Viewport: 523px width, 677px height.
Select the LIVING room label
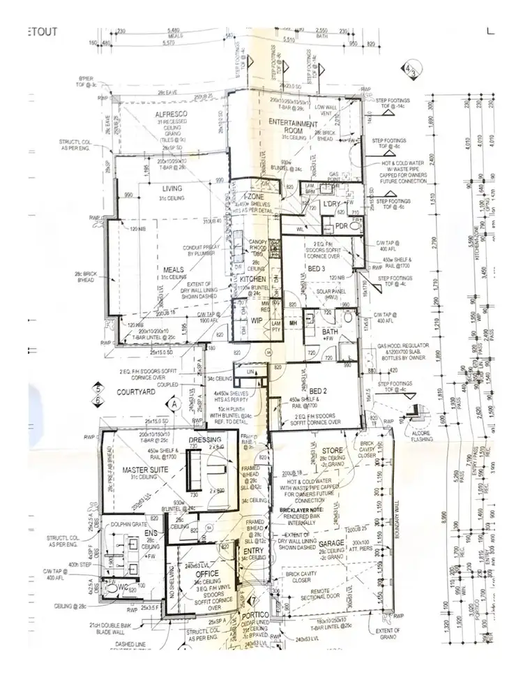click(172, 188)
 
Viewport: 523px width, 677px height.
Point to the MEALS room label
click(173, 270)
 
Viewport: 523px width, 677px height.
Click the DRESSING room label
click(205, 440)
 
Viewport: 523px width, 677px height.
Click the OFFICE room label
click(207, 574)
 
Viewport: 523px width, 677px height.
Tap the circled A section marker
click(172, 403)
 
